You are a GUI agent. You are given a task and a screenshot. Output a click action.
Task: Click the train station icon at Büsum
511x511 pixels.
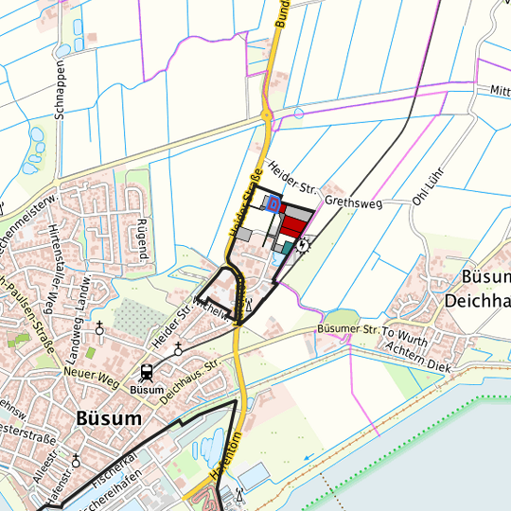(x=148, y=373)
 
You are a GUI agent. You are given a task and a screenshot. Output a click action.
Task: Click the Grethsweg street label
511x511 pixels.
(x=350, y=202)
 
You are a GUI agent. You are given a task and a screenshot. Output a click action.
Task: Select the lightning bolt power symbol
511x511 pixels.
(x=303, y=243)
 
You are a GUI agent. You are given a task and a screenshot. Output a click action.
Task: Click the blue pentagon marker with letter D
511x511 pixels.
(x=273, y=203)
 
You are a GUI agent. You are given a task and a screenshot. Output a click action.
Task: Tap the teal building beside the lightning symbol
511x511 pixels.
(x=288, y=247)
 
